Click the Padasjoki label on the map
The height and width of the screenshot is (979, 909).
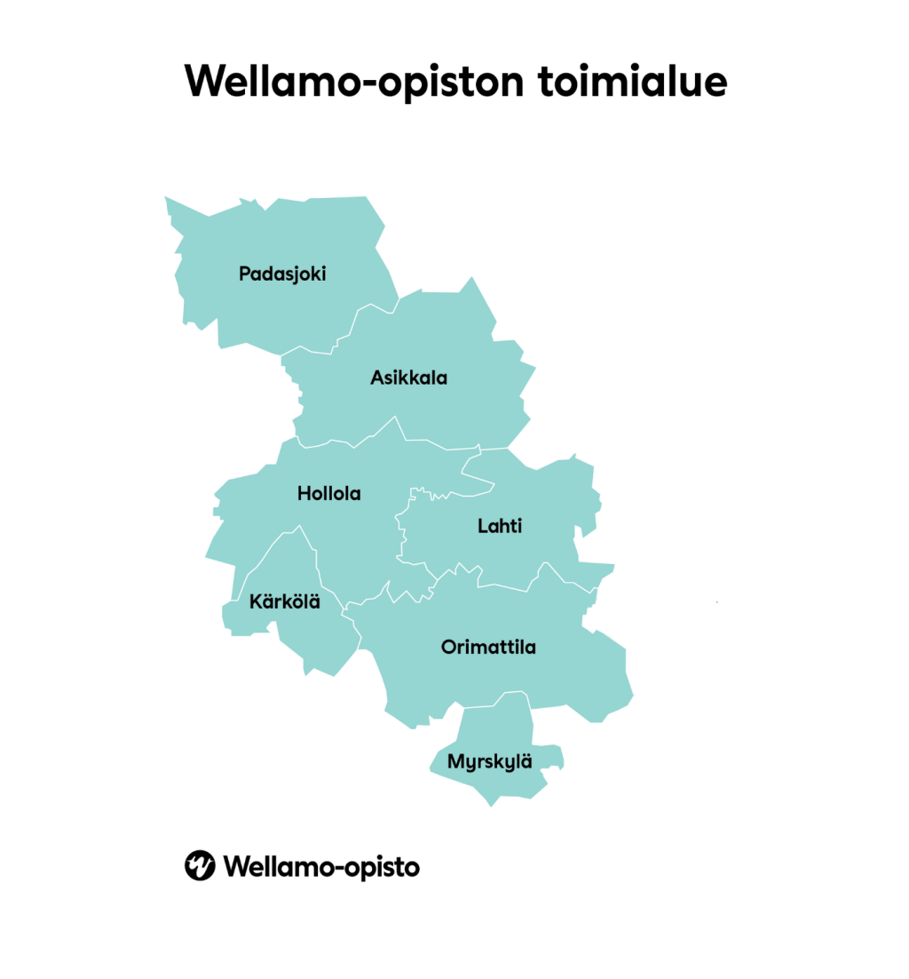(x=282, y=274)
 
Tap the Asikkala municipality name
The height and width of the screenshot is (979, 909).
(x=408, y=378)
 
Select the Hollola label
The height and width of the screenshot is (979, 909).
(x=329, y=493)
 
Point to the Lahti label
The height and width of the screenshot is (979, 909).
(x=500, y=526)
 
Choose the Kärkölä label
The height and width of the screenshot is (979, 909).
(x=284, y=602)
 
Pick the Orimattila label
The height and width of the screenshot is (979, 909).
(x=488, y=647)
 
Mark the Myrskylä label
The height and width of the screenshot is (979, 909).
(x=490, y=761)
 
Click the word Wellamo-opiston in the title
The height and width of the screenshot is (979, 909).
(x=347, y=82)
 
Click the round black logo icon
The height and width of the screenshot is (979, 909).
(x=200, y=864)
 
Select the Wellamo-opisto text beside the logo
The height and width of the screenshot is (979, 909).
(x=321, y=865)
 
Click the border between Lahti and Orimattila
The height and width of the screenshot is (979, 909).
(x=506, y=587)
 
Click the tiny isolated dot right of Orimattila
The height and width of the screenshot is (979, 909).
(x=716, y=602)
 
